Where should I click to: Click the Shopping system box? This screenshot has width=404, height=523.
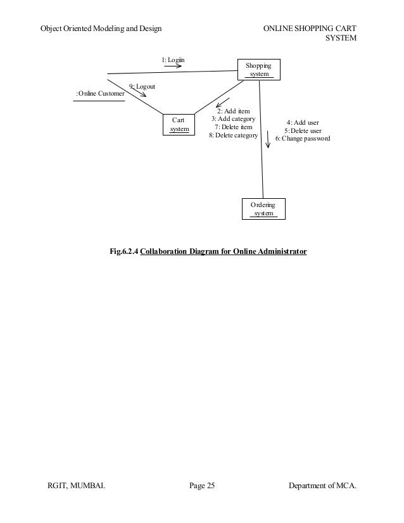258,70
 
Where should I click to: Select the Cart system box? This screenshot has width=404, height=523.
179,124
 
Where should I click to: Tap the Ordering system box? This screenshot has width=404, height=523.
263,209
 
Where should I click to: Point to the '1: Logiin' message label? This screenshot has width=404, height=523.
173,60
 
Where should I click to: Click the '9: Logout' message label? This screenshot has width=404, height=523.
142,85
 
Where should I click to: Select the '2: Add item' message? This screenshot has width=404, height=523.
233,111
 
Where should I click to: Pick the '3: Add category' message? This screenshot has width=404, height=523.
233,119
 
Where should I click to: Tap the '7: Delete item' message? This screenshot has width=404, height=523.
233,127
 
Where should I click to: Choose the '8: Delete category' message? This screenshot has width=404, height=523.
233,135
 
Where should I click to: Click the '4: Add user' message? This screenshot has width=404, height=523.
302,122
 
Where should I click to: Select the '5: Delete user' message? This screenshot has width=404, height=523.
302,130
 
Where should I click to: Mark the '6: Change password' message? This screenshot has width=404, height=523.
302,138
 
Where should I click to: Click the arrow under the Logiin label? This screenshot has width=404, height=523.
173,65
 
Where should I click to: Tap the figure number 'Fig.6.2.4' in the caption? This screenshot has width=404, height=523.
123,252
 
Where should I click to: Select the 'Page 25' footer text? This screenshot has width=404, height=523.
202,486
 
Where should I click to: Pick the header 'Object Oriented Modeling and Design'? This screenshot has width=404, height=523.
100,29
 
